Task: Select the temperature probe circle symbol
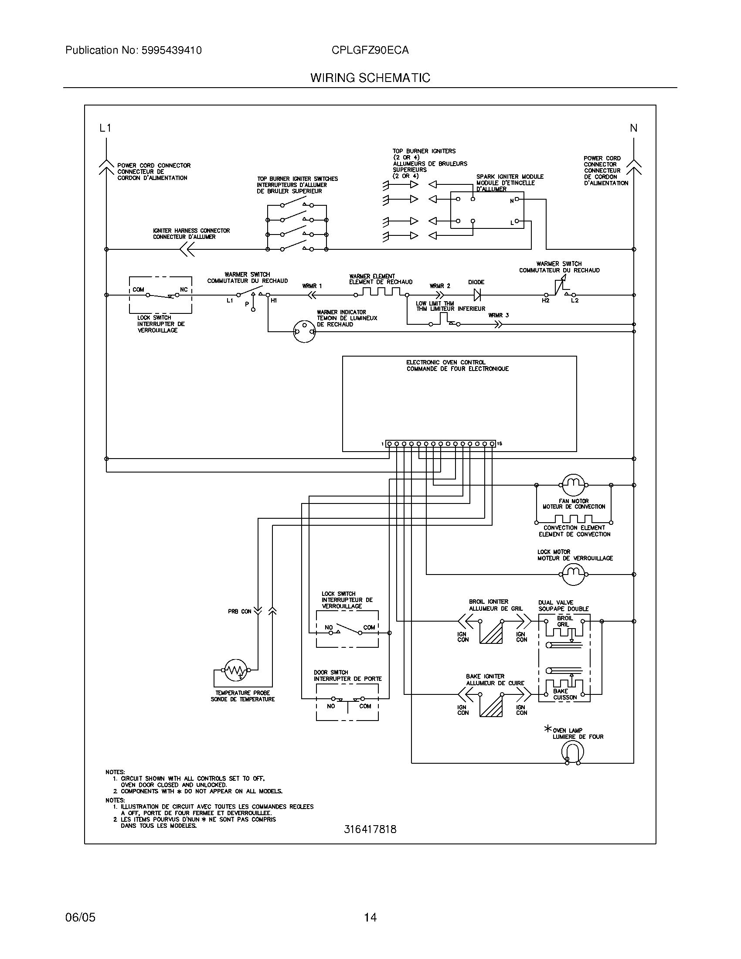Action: [x=236, y=670]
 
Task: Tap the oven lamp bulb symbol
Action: [x=573, y=752]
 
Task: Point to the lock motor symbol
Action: [x=573, y=574]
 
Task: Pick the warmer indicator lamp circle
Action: [x=304, y=332]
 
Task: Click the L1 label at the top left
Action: [x=105, y=128]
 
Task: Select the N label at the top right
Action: [x=633, y=128]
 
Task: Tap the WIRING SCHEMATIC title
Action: [x=370, y=78]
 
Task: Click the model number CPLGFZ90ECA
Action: [x=370, y=51]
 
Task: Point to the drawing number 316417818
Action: [x=370, y=830]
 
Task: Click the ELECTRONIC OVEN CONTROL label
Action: [x=445, y=363]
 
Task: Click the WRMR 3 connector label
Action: [x=498, y=315]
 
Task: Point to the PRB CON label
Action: [x=240, y=611]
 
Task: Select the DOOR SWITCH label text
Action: [x=330, y=672]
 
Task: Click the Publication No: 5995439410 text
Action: [x=133, y=51]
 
